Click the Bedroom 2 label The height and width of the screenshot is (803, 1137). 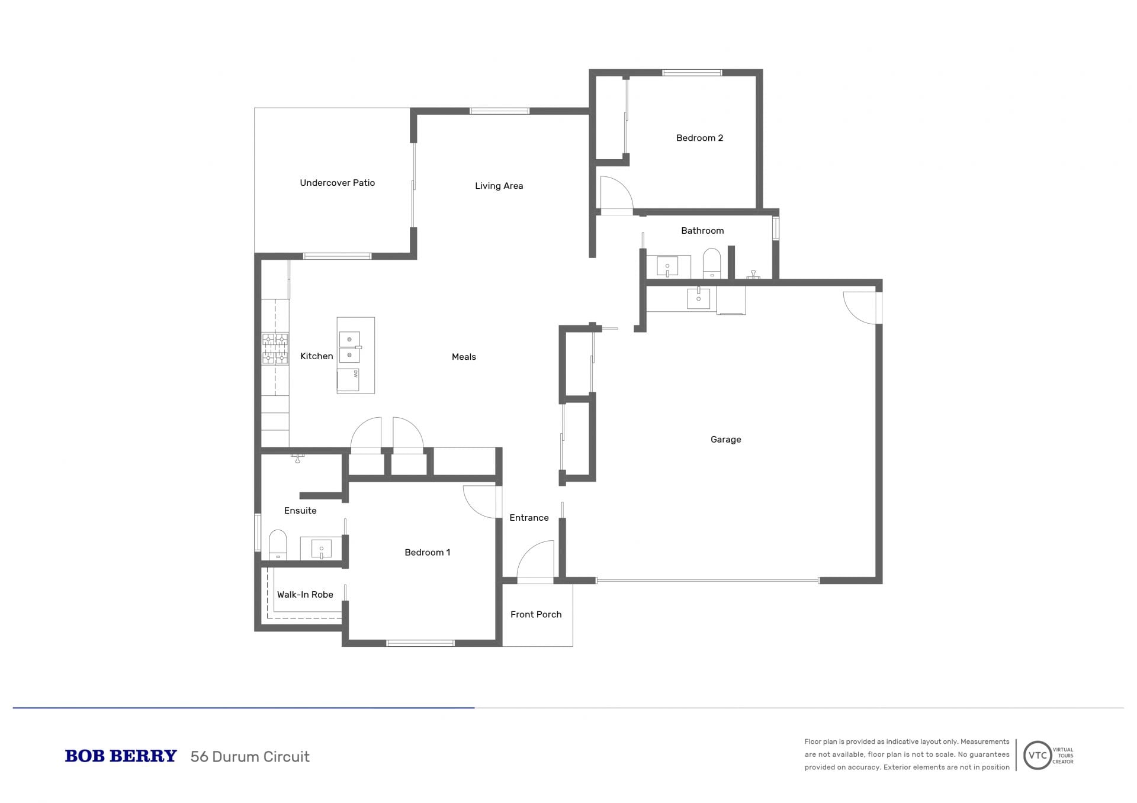coord(699,138)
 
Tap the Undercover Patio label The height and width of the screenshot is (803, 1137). coord(337,183)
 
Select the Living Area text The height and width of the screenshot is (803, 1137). coord(499,186)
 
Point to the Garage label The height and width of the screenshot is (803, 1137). coord(725,440)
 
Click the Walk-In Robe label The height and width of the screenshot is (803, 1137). coord(305,595)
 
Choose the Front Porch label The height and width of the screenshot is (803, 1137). coord(536,614)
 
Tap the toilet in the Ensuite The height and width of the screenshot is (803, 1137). coord(278,545)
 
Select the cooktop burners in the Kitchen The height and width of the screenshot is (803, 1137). coord(275,349)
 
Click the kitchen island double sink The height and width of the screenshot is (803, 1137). coord(349,347)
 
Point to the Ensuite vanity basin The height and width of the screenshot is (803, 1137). coord(321,549)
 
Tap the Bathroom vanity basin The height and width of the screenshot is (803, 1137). coord(667,266)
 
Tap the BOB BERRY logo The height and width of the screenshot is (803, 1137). coord(121,756)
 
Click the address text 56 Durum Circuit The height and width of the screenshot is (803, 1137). coord(250,757)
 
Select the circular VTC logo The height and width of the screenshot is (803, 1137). coord(1038,755)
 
